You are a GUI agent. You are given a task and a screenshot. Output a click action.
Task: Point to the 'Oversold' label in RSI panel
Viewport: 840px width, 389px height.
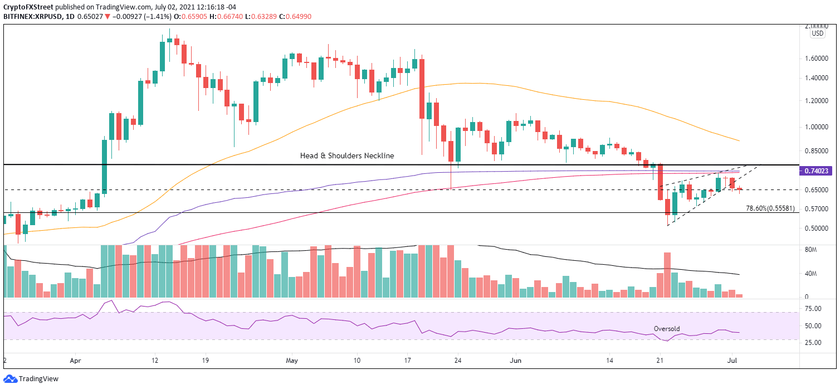[x=667, y=329]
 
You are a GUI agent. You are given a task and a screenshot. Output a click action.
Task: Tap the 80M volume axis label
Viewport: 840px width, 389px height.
[x=810, y=250]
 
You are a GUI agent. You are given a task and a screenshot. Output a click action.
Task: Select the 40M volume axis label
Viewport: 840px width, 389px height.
[x=810, y=274]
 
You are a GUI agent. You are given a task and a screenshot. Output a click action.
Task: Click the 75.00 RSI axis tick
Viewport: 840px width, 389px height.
[x=814, y=308]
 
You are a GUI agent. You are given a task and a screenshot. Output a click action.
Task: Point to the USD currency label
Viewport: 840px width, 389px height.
[x=817, y=33]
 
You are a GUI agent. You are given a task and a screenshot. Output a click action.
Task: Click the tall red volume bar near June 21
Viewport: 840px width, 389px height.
[x=667, y=275]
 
